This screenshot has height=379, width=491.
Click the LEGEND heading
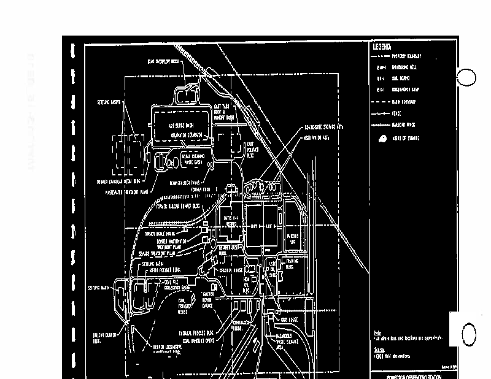382,46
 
